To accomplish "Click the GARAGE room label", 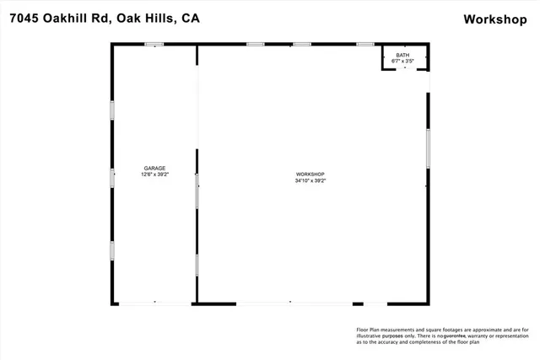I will coord(154,168).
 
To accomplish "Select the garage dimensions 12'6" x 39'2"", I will coord(154,175).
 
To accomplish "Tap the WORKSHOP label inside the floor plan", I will coord(310,174).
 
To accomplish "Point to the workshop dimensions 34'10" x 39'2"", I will coord(310,180).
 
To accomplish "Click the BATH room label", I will coord(402,55).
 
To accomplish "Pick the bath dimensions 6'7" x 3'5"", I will coord(402,62).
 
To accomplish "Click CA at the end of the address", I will coord(192,19).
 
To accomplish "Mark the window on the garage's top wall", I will coord(154,44).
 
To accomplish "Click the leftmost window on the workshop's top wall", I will coord(255,44).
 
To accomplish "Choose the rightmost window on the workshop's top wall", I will coord(365,44).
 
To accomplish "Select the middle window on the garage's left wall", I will coord(112,177).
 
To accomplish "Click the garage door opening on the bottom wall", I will coord(154,303).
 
